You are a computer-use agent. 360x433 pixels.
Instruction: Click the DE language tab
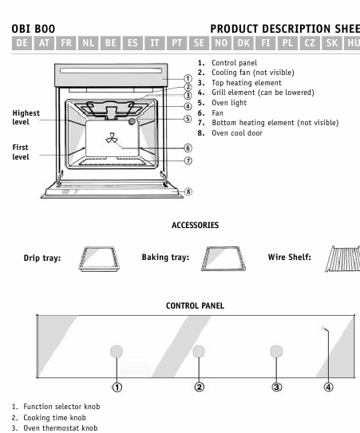tap(22, 43)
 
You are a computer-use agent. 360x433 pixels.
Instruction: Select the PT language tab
tap(176, 43)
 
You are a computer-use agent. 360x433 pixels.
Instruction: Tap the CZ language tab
tap(310, 43)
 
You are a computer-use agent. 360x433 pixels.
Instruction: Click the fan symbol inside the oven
tap(112, 138)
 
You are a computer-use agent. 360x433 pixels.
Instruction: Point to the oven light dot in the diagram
tap(133, 121)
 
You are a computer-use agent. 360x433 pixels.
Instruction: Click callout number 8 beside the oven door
tap(188, 191)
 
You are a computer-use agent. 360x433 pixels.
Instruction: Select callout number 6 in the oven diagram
tap(188, 148)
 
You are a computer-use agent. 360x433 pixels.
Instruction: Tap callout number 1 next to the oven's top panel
tap(188, 79)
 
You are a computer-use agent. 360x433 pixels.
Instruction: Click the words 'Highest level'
tap(26, 117)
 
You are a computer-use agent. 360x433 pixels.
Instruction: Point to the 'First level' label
tap(21, 152)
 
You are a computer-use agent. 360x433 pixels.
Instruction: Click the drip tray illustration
tap(99, 258)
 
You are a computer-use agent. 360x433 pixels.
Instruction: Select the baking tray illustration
tap(224, 258)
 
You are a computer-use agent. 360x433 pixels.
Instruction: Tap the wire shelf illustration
tap(343, 258)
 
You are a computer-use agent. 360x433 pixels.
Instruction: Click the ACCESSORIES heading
tap(196, 225)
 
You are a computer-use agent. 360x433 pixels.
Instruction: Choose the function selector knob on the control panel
tap(117, 351)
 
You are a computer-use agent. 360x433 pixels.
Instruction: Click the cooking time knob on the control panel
tap(199, 351)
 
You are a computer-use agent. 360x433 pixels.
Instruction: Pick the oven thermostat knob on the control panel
tap(276, 351)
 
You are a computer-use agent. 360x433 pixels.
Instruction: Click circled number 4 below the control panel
tap(329, 388)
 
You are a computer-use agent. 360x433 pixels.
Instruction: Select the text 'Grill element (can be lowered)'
tap(263, 93)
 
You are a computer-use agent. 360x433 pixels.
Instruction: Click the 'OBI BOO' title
tap(34, 29)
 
